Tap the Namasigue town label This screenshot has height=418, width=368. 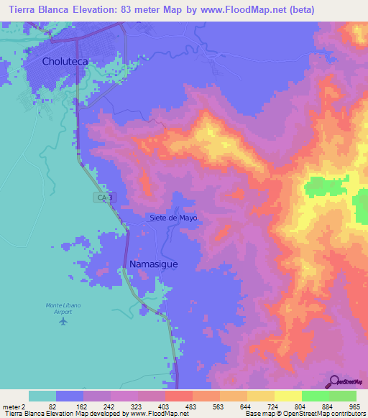tap(154, 264)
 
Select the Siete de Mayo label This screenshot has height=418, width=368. tap(173, 218)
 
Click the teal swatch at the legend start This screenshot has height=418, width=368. tap(42, 396)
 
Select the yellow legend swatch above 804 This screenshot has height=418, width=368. tap(287, 396)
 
